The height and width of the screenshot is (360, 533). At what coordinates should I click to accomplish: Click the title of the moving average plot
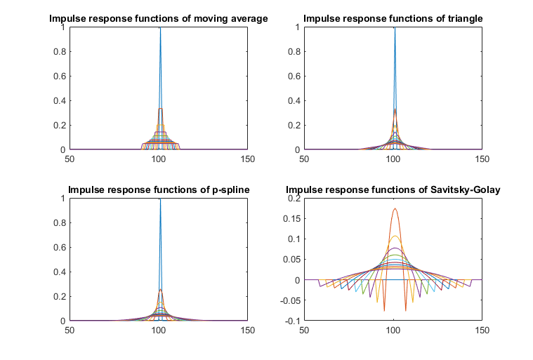(x=158, y=18)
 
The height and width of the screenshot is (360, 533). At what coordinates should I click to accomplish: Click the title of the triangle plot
(x=393, y=18)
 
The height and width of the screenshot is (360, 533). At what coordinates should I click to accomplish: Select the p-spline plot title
(x=158, y=189)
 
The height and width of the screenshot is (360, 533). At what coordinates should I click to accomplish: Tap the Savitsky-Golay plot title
(x=393, y=189)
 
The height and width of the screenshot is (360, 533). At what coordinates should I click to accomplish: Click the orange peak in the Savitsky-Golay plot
(x=394, y=208)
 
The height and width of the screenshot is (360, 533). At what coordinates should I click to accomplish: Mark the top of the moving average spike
(x=160, y=28)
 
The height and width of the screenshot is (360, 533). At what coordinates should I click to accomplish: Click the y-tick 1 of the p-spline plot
(x=63, y=199)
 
